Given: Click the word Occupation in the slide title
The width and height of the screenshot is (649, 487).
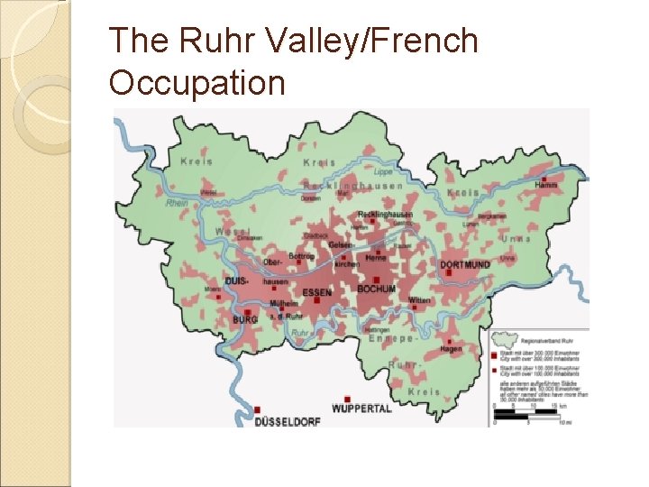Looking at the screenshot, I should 197,83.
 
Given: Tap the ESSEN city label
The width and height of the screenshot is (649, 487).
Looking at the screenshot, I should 316,291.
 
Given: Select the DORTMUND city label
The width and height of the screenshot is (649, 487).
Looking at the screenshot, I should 466,264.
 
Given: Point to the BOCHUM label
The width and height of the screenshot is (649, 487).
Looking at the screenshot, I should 376,289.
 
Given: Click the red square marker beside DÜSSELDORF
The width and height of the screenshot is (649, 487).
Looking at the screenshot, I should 258,409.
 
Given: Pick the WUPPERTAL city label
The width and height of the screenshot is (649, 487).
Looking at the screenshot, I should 361,409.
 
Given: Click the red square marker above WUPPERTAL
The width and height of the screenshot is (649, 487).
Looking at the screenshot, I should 347,398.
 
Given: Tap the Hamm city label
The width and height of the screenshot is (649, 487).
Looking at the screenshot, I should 545,185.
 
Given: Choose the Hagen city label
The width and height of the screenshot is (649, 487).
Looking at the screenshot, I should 451,348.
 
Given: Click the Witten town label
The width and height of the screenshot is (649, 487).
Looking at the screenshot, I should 419,299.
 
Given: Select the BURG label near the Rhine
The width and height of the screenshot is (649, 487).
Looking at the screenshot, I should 244,319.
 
